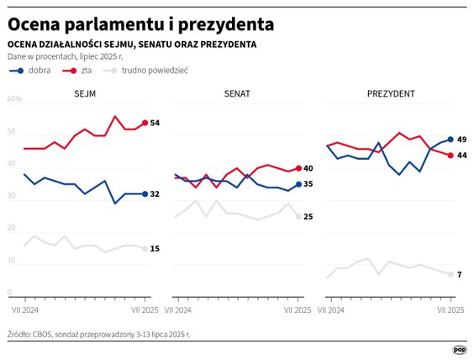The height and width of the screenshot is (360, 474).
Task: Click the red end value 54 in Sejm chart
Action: point(155,124)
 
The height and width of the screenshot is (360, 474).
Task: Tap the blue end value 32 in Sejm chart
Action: point(155,194)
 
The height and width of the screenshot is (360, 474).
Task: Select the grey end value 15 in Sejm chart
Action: point(155,249)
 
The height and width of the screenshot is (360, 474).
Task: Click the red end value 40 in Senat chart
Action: point(308,168)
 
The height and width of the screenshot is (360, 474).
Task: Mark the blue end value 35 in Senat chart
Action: point(308,184)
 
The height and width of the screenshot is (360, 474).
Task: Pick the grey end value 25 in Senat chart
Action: point(308,217)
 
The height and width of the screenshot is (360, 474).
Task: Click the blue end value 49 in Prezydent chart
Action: point(461,140)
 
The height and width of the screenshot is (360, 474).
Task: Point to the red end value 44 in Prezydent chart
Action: point(461,156)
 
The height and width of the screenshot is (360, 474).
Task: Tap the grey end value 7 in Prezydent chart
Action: point(459,275)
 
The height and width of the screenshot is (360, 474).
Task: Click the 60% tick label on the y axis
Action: point(14,99)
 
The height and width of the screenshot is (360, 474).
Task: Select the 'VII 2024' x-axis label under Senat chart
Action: point(180,310)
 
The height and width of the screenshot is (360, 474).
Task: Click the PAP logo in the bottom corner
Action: point(460,349)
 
